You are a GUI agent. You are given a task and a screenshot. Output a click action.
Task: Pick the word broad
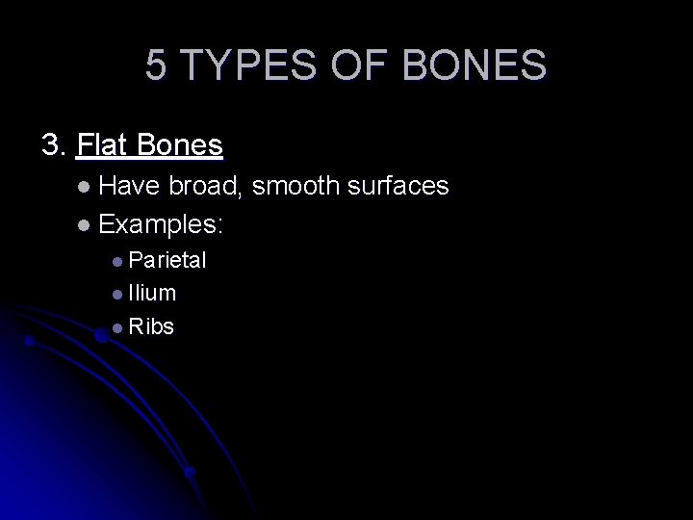pyautogui.click(x=207, y=186)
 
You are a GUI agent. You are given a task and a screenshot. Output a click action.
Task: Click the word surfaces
pyautogui.click(x=398, y=186)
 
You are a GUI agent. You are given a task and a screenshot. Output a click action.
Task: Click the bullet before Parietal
pyautogui.click(x=116, y=261)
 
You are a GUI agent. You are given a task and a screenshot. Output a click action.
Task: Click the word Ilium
pyautogui.click(x=152, y=293)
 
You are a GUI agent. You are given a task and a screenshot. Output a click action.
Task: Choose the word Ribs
pyautogui.click(x=151, y=326)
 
